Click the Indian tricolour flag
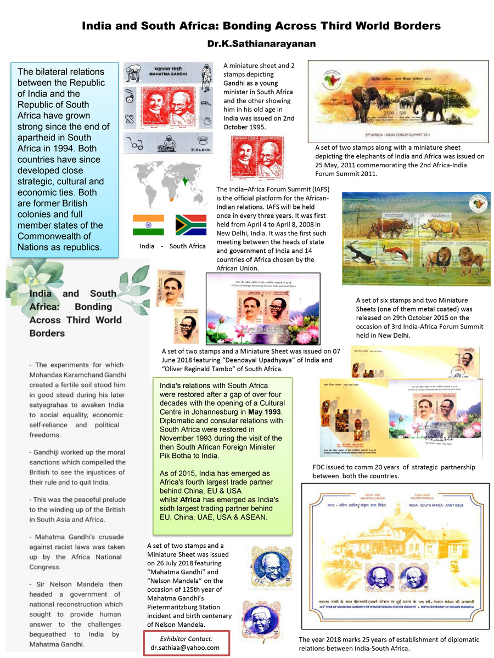coord(148,225)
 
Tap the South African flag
coord(190,225)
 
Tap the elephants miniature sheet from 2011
coord(398,101)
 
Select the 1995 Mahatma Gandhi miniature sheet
coord(170,107)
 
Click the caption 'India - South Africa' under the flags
coord(172,246)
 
